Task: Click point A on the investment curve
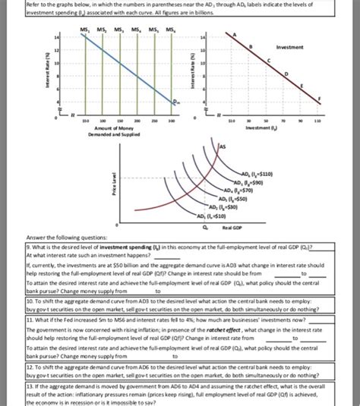(x=246, y=33)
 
